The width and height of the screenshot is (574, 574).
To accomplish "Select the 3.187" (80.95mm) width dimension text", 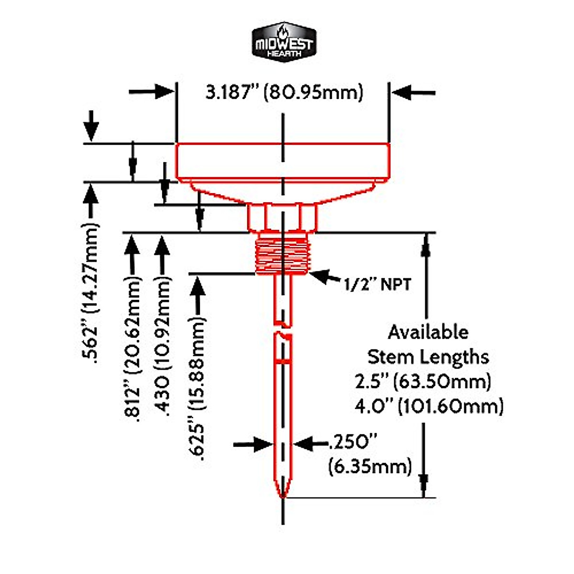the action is tap(284, 91).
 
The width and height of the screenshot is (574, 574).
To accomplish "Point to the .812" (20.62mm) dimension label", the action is tap(133, 349).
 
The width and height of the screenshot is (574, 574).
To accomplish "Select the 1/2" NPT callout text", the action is tap(377, 285).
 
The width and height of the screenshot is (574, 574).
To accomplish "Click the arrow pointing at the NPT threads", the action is tap(326, 276).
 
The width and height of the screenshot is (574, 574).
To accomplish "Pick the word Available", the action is tap(428, 332).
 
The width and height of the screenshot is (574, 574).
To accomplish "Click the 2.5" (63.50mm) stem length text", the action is tap(423, 382).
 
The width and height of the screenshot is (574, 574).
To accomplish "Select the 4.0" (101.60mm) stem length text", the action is tap(429, 407).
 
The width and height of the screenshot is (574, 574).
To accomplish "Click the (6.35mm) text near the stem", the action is tap(370, 466).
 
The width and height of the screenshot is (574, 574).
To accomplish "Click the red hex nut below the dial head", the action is tap(282, 217).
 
